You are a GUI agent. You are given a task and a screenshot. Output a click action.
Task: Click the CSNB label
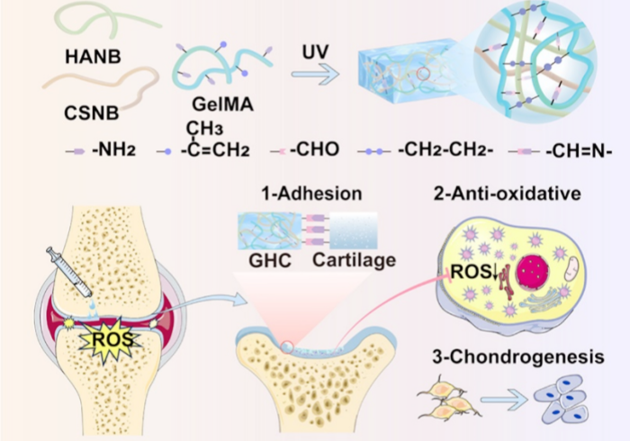[91, 114]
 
